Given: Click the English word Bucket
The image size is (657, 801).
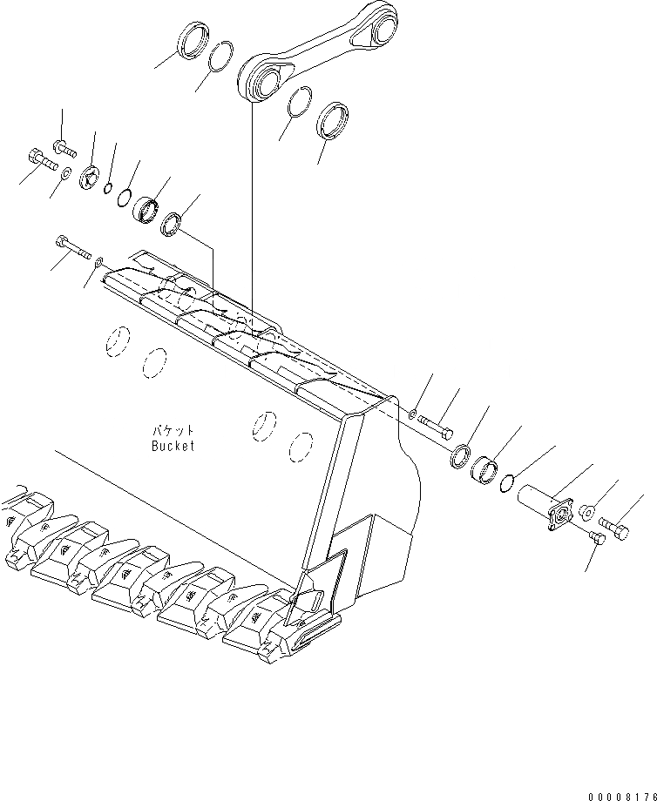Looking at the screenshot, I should [172, 446].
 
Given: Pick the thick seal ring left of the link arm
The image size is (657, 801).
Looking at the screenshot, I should [193, 41].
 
